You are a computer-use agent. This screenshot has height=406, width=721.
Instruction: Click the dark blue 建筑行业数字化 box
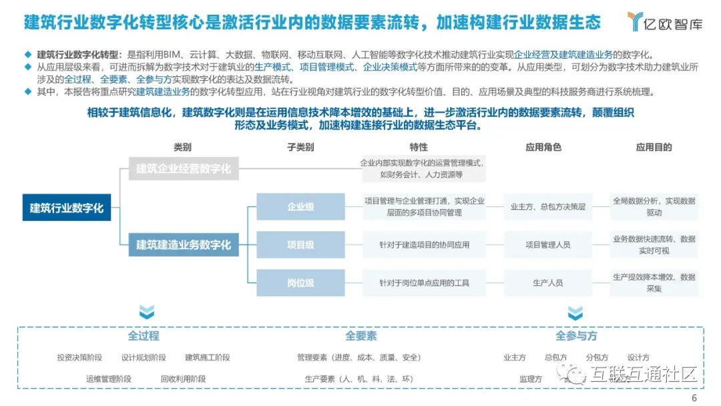tap(67, 208)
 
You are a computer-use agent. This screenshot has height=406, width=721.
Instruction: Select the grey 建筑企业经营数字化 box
tap(184, 168)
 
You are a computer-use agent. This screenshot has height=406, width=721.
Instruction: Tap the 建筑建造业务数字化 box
tap(184, 244)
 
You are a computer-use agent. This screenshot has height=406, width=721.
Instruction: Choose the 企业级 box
tap(300, 206)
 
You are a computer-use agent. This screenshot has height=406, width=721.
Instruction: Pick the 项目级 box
tap(300, 244)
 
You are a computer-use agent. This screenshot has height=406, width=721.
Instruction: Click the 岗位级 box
tap(300, 282)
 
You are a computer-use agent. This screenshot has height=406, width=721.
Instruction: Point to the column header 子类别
tap(300, 147)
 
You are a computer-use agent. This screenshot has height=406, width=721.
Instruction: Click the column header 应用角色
tap(543, 147)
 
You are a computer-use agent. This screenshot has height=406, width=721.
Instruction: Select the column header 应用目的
tap(654, 147)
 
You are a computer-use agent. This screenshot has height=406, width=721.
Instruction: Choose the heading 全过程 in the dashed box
tap(144, 336)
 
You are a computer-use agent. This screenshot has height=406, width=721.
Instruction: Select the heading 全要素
tap(360, 336)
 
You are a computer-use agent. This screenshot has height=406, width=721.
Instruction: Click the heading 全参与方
tap(576, 336)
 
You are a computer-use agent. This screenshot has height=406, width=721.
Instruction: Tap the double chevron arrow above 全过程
tap(146, 312)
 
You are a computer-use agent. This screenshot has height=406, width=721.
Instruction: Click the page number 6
tap(694, 398)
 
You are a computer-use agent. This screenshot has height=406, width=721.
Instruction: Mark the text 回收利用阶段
tap(183, 379)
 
